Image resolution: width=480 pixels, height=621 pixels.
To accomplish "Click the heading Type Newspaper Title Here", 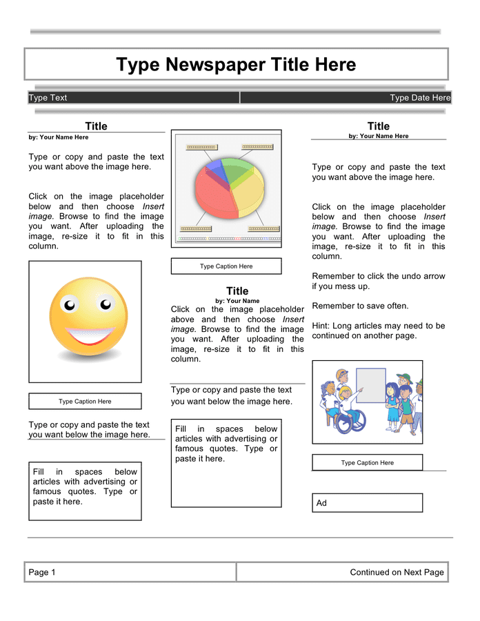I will [236, 65].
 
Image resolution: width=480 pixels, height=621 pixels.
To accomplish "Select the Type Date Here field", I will [419, 98].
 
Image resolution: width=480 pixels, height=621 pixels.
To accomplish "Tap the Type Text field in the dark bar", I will [48, 98].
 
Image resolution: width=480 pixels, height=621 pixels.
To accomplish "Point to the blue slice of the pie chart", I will [214, 167].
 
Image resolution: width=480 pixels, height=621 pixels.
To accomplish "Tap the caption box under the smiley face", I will [85, 401].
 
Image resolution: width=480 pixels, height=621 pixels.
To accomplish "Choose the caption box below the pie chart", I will [226, 266].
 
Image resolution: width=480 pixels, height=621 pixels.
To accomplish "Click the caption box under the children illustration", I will [367, 462].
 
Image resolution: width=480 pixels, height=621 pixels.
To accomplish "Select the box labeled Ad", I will [367, 503].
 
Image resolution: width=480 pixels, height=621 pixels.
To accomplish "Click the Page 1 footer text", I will [42, 572].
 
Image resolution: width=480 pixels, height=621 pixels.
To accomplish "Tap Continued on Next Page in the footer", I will [397, 572].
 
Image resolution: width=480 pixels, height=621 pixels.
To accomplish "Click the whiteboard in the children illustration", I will [371, 385].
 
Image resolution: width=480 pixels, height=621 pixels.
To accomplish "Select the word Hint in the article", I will [321, 326].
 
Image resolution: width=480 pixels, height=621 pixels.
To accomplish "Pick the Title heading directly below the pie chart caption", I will [237, 291].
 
